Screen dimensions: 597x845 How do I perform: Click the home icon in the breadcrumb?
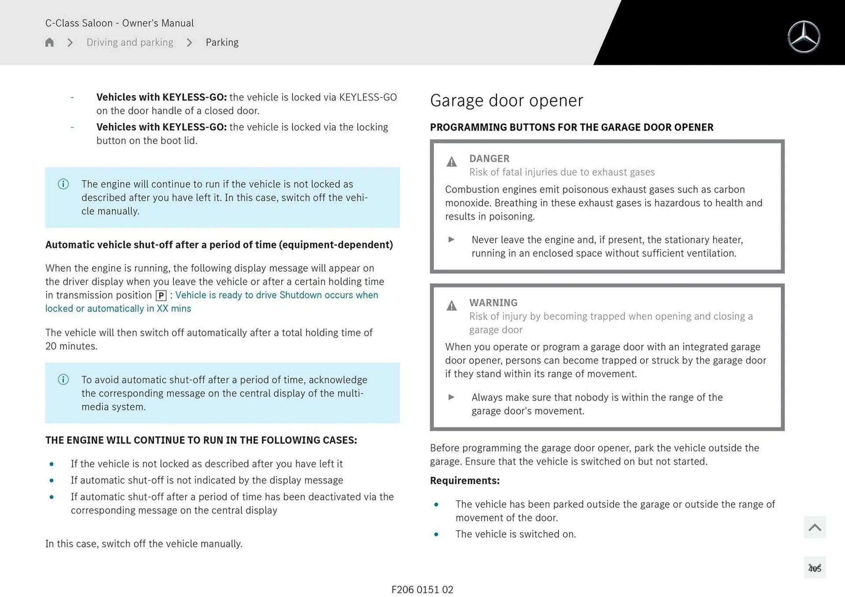click(49, 43)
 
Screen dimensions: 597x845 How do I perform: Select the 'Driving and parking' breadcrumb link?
click(130, 43)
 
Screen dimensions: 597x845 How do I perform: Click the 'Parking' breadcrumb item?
click(222, 43)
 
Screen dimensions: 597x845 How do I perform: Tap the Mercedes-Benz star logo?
click(804, 37)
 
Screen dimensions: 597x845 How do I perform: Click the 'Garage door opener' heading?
click(506, 101)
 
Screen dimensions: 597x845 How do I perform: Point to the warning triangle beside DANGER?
click(452, 162)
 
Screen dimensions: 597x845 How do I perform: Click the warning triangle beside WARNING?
click(452, 306)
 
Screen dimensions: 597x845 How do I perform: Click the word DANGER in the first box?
click(489, 159)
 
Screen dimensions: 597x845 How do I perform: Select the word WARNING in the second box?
click(493, 303)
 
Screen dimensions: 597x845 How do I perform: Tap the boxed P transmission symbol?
click(161, 296)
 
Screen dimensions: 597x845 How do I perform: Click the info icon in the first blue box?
click(63, 184)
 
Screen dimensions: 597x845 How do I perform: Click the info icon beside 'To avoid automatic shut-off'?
click(63, 380)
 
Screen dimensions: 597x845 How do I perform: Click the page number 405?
click(815, 569)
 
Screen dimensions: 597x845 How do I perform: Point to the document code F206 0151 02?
click(422, 590)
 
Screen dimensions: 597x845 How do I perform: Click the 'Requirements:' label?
click(464, 481)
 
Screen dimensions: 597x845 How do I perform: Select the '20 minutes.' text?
click(71, 346)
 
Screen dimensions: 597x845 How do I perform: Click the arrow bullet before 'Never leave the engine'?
click(451, 240)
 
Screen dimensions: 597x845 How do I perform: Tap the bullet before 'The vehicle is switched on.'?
click(436, 535)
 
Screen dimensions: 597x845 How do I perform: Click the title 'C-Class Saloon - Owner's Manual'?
click(119, 23)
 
